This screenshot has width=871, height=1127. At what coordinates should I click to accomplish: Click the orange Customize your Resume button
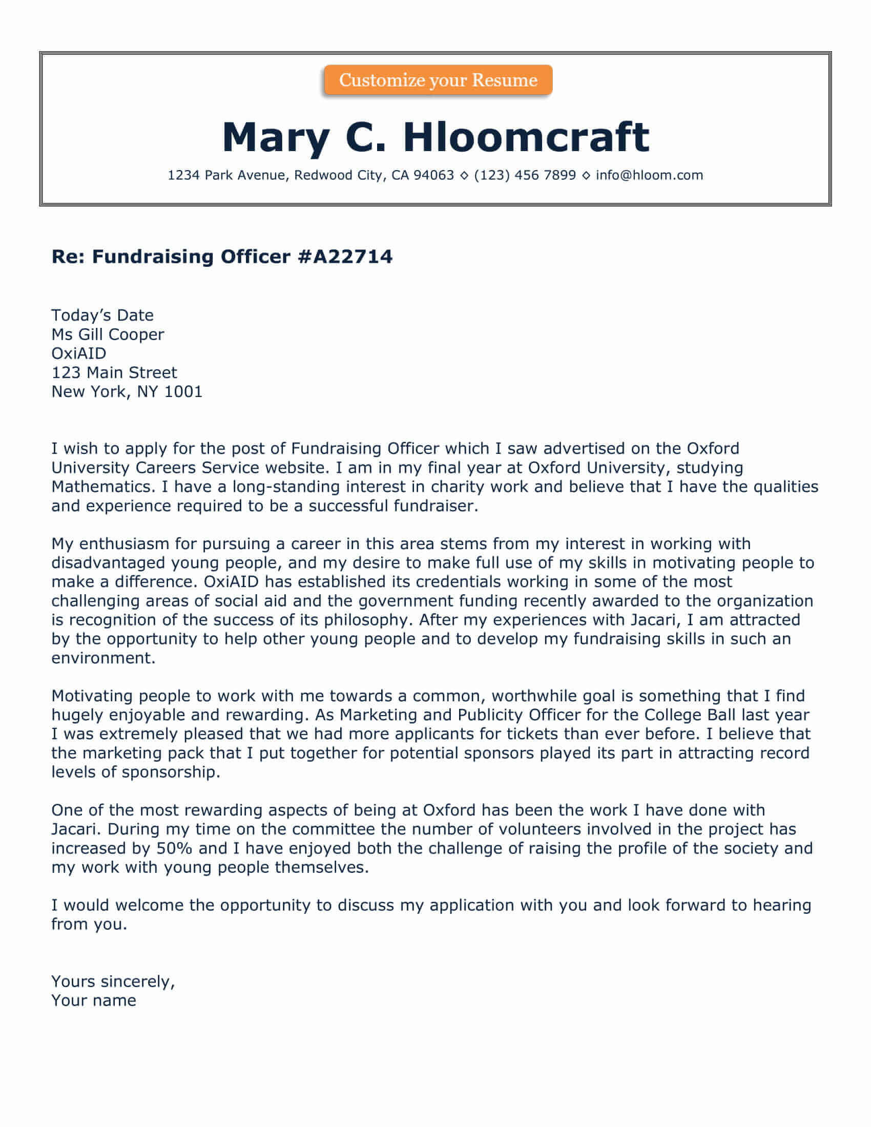[x=438, y=80]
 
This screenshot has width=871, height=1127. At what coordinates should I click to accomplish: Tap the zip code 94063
[x=433, y=175]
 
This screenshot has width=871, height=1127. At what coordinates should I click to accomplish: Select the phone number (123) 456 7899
[x=524, y=175]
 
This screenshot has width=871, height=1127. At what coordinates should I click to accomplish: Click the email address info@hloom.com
[x=649, y=175]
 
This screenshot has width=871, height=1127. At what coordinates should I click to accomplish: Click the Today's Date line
[x=102, y=315]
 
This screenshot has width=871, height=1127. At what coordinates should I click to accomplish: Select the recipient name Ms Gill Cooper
[x=107, y=335]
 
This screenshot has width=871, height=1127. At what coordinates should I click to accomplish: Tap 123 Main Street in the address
[x=114, y=372]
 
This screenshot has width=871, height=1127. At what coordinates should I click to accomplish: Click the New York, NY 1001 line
[x=127, y=392]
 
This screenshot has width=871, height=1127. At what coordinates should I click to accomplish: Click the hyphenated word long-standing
[x=286, y=487]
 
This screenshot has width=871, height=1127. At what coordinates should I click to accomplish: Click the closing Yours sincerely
[x=113, y=981]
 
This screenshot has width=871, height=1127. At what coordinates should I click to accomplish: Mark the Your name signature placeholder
[x=93, y=1000]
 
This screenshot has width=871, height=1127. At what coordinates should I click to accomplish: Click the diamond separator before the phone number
[x=464, y=176]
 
